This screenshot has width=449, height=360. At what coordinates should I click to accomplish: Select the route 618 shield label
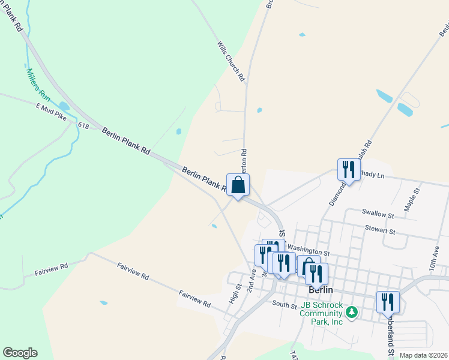[x=83, y=125]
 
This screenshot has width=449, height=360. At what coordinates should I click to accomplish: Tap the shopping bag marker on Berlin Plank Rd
[x=238, y=184]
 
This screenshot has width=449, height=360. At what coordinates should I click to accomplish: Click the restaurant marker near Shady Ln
[x=349, y=169]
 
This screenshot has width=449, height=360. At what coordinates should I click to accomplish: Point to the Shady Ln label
[x=371, y=175]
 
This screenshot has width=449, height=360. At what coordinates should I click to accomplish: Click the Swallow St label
[x=378, y=214]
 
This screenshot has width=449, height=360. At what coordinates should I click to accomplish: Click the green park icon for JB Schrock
[x=352, y=312]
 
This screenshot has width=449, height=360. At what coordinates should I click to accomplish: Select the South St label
[x=285, y=305]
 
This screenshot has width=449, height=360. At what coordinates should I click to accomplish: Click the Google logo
[x=20, y=352]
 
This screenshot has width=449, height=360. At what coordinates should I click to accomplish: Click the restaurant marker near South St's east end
[x=388, y=301]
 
